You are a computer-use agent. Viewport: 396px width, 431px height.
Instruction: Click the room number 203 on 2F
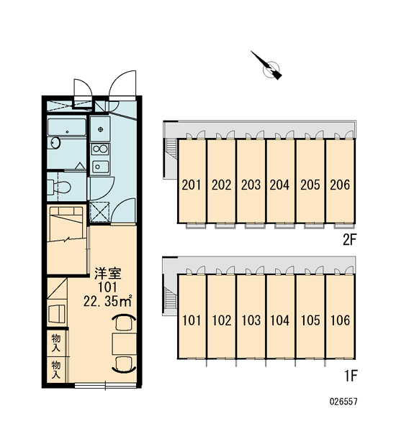(x=251, y=185)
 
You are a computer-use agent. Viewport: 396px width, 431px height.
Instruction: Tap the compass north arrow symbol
(x=266, y=65)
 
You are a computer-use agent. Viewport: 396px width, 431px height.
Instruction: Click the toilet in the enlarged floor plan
(x=59, y=187)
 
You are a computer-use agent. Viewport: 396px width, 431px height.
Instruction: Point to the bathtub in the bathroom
(x=66, y=127)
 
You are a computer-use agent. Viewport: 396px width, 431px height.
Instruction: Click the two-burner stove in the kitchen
(x=100, y=149)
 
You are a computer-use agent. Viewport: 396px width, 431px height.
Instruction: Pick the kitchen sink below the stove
(x=100, y=166)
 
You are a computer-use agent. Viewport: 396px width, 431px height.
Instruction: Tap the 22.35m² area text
(x=108, y=302)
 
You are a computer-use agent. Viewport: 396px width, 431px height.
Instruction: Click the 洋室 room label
(x=108, y=273)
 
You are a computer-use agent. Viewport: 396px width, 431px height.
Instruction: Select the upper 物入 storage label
(x=56, y=343)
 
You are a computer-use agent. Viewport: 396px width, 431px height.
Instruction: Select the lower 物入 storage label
(x=56, y=369)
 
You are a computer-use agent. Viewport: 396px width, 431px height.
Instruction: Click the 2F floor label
(x=349, y=241)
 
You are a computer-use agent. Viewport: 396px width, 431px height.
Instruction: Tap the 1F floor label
(x=351, y=376)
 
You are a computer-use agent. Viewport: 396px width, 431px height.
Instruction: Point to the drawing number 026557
(x=343, y=402)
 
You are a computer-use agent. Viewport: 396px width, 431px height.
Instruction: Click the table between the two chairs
(x=125, y=344)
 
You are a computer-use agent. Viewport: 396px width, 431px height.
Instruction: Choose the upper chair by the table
(x=125, y=322)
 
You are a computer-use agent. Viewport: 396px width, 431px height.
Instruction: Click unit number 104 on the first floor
(x=279, y=320)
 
